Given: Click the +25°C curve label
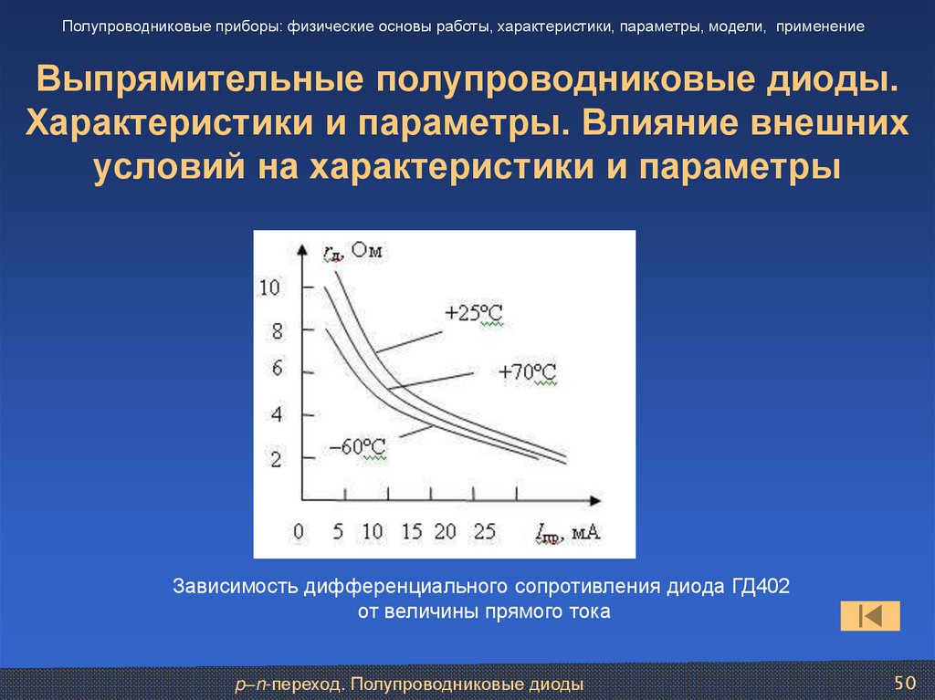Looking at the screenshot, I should click(473, 313).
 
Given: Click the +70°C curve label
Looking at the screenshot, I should click(527, 372).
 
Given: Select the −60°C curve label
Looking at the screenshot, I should click(357, 447).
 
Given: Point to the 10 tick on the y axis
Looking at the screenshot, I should click(273, 288).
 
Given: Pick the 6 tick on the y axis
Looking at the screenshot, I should click(278, 369).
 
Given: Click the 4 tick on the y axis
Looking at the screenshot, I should click(278, 414).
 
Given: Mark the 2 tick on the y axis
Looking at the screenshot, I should click(278, 458).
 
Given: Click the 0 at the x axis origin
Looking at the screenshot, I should click(297, 531).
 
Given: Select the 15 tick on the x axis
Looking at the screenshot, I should click(412, 531).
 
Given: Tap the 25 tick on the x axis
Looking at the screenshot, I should click(484, 531).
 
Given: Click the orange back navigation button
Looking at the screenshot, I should click(870, 615).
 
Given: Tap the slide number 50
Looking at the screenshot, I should click(904, 683).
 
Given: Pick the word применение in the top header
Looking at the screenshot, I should click(821, 26).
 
